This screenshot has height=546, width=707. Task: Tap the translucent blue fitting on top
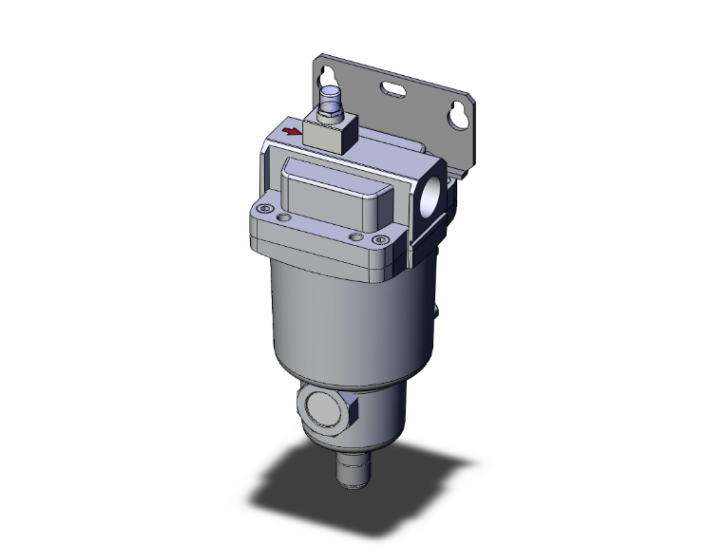click(331, 97)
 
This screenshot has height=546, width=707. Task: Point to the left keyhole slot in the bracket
click(330, 80)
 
